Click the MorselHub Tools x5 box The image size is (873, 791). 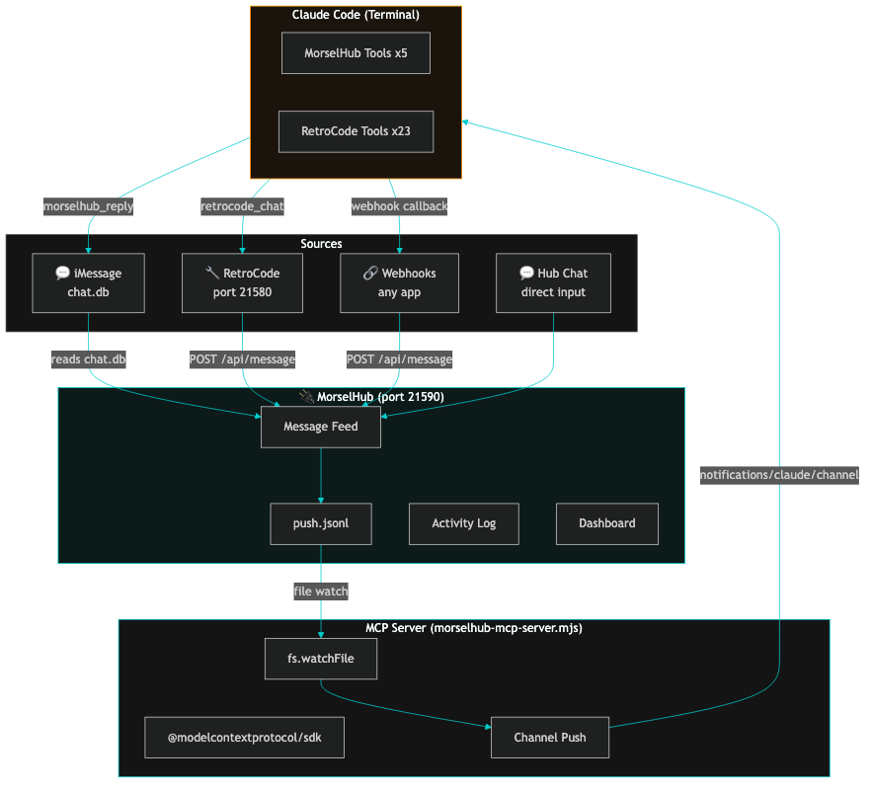pyautogui.click(x=356, y=53)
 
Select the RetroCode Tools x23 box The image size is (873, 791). pyautogui.click(x=356, y=131)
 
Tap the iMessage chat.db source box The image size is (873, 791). pyautogui.click(x=89, y=282)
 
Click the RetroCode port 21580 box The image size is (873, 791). pyautogui.click(x=242, y=282)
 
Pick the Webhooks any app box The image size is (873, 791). pyautogui.click(x=399, y=282)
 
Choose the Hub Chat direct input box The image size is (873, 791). pyautogui.click(x=553, y=282)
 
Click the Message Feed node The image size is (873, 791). pyautogui.click(x=321, y=427)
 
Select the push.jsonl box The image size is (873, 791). pyautogui.click(x=321, y=523)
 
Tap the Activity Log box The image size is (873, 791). pyautogui.click(x=463, y=523)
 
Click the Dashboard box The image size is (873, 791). pyautogui.click(x=606, y=523)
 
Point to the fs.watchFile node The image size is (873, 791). pyautogui.click(x=321, y=659)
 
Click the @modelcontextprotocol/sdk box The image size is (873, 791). pyautogui.click(x=244, y=738)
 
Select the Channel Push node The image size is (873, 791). pyautogui.click(x=550, y=738)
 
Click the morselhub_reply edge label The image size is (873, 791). pyautogui.click(x=89, y=206)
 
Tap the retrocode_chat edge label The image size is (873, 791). pyautogui.click(x=242, y=206)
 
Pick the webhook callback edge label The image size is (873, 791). pyautogui.click(x=399, y=206)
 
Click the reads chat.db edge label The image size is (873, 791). pyautogui.click(x=89, y=359)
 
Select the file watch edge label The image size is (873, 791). pyautogui.click(x=321, y=591)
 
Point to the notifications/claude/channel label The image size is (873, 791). pyautogui.click(x=779, y=475)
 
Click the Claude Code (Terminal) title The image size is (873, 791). pyautogui.click(x=356, y=15)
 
